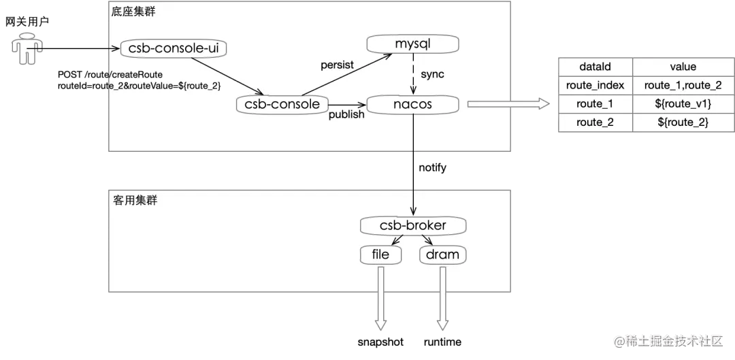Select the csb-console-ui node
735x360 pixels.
[x=173, y=48]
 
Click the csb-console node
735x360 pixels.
[x=282, y=104]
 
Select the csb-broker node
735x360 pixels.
[x=413, y=226]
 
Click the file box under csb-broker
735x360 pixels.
[x=381, y=255]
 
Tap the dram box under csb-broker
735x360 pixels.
[x=443, y=255]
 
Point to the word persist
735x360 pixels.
[x=338, y=65]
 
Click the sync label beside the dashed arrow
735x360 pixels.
[x=432, y=73]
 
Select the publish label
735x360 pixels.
[x=346, y=114]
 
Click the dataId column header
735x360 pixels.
[x=595, y=67]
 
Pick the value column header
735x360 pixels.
[x=683, y=67]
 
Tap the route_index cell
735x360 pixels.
[x=595, y=85]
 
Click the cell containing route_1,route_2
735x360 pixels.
[x=683, y=85]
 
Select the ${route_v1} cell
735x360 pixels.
[x=683, y=103]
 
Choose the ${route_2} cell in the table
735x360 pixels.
[x=683, y=122]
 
